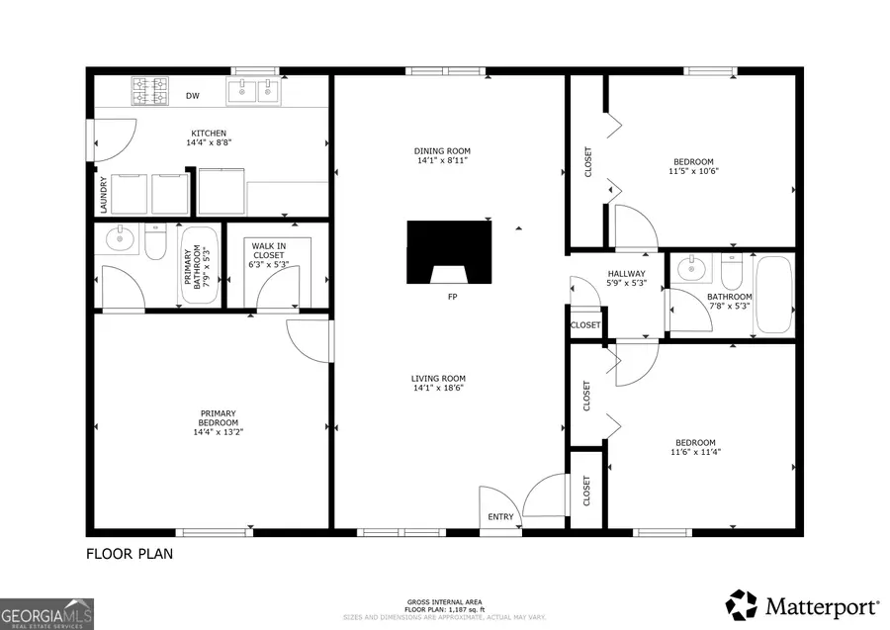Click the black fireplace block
(x=450, y=248)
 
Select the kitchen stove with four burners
(x=152, y=93)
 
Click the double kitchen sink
(x=253, y=92)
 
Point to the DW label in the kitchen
(x=194, y=97)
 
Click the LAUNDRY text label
(x=103, y=195)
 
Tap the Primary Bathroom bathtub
(x=201, y=264)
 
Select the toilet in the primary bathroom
(x=155, y=242)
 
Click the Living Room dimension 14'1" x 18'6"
(x=439, y=388)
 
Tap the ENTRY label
(x=501, y=517)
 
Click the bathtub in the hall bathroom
(x=772, y=294)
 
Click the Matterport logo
(x=803, y=603)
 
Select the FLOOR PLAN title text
(x=130, y=554)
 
